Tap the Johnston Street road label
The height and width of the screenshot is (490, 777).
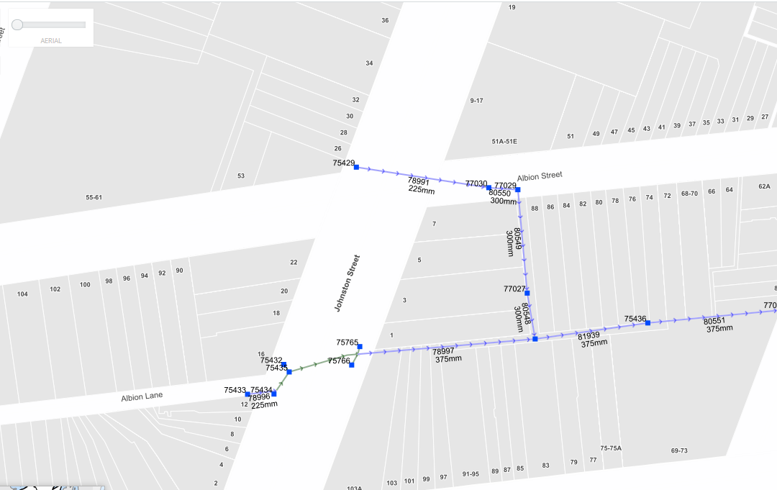click(347, 283)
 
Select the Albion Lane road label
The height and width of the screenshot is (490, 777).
click(142, 396)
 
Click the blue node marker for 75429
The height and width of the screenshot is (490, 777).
click(356, 167)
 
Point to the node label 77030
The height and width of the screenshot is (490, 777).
click(476, 184)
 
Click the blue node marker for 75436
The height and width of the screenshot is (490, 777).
click(647, 323)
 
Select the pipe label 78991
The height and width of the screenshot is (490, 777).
click(419, 182)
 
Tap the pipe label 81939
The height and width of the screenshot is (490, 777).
click(589, 336)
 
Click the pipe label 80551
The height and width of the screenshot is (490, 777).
click(714, 321)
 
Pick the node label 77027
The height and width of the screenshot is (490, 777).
click(514, 289)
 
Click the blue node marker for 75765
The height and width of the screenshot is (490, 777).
click(360, 347)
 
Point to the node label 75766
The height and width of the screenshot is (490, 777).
click(339, 360)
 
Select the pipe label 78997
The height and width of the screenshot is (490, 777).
click(443, 351)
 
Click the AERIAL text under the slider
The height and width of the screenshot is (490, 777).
click(51, 41)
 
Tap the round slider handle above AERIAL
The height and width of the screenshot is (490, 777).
click(17, 24)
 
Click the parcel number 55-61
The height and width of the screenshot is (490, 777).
click(94, 197)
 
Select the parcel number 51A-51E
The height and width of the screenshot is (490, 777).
click(504, 142)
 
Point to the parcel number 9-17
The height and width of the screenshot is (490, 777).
click(476, 101)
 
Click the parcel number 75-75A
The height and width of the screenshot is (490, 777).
click(611, 448)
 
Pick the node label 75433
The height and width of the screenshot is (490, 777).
click(235, 390)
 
